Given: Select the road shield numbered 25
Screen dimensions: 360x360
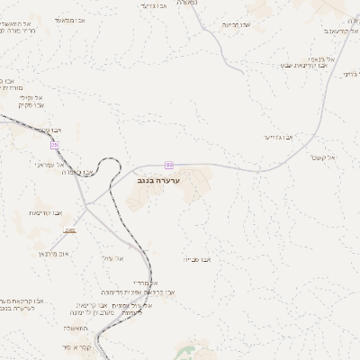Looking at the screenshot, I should (55, 145).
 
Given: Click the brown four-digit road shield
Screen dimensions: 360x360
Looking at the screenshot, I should (72, 229).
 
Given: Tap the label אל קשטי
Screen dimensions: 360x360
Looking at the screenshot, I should (319, 157).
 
